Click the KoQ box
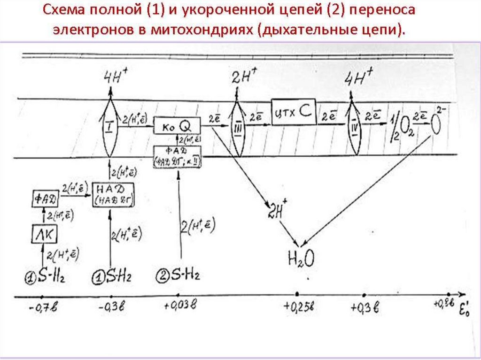(178, 125)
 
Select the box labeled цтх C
(293, 112)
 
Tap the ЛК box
(44, 233)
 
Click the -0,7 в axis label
(41, 308)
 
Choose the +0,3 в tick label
(365, 308)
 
